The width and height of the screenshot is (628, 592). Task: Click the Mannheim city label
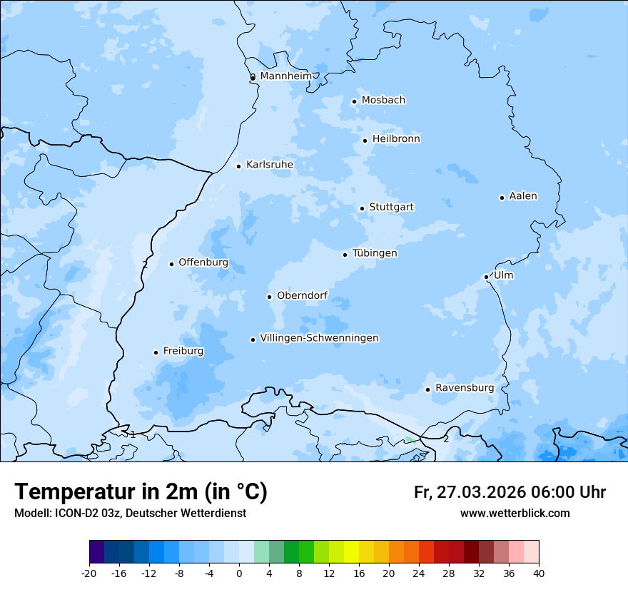click(285, 76)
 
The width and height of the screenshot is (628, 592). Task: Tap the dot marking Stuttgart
click(362, 208)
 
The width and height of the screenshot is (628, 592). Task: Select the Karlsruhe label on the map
click(269, 165)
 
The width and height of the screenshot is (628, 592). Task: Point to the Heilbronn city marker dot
click(365, 141)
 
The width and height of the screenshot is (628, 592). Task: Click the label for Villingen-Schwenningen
click(319, 338)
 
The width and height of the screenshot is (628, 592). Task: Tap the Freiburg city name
click(183, 351)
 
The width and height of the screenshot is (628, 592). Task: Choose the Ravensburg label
click(464, 388)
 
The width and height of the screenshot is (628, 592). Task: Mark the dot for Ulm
click(486, 277)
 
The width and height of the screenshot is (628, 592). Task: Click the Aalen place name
click(522, 196)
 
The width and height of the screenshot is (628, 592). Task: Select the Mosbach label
click(383, 101)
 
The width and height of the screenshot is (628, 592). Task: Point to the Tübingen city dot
click(345, 255)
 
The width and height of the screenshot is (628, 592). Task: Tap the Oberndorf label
click(301, 295)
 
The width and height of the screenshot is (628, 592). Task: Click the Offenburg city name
click(203, 262)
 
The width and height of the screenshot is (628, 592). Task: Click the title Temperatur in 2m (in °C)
click(141, 492)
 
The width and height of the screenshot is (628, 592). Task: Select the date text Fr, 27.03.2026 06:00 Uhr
click(510, 492)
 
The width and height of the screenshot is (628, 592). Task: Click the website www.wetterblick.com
click(515, 514)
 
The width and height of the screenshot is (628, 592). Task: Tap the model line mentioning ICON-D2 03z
click(130, 514)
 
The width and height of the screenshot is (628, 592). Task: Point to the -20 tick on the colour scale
click(89, 573)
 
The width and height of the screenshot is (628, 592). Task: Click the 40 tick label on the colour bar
click(538, 573)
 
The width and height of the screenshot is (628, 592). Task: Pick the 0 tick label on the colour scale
click(239, 573)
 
